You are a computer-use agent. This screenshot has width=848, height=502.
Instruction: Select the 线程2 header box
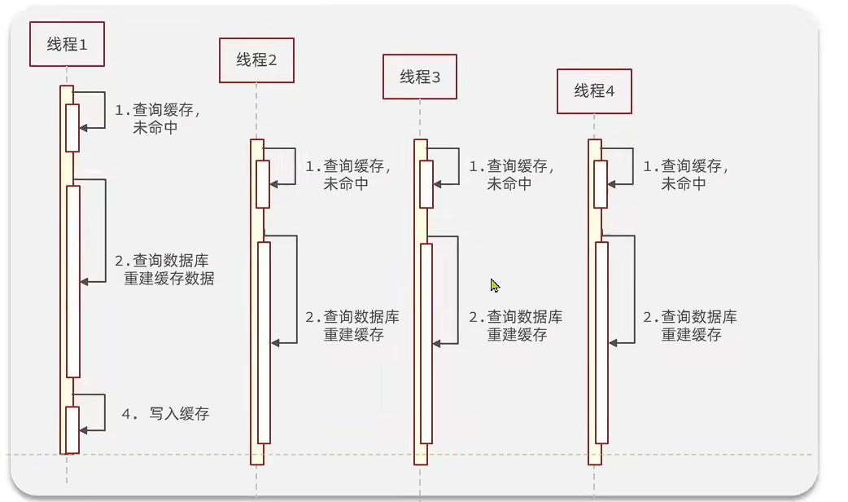[256, 59]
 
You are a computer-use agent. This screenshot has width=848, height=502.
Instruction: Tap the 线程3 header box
[420, 77]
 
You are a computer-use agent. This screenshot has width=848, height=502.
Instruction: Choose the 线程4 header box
[594, 90]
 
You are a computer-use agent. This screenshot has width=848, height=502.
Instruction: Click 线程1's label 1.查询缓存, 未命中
[157, 119]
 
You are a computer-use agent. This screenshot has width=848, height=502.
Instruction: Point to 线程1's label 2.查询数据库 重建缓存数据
[164, 269]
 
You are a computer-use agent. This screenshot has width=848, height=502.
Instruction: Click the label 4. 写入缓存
[165, 414]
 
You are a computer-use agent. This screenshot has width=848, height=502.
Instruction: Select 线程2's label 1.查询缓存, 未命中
[348, 174]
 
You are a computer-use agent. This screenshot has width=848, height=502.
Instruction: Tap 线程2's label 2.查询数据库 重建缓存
[352, 325]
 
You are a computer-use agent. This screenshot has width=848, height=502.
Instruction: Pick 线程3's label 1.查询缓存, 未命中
[512, 174]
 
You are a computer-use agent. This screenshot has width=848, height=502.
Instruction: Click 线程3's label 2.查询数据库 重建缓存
[515, 325]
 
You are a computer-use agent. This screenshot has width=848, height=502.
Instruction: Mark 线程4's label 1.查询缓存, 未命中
[686, 174]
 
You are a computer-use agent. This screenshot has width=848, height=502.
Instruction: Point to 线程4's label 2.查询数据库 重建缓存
[690, 325]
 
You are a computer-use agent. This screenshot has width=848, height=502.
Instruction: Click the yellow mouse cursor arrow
[495, 285]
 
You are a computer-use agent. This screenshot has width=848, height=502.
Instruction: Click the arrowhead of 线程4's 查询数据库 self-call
[613, 343]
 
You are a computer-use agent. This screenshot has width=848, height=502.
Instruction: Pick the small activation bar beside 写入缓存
[72, 429]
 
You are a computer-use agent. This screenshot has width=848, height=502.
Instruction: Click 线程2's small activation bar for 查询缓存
[263, 184]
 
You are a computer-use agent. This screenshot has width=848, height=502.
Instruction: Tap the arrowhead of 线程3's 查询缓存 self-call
[438, 184]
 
